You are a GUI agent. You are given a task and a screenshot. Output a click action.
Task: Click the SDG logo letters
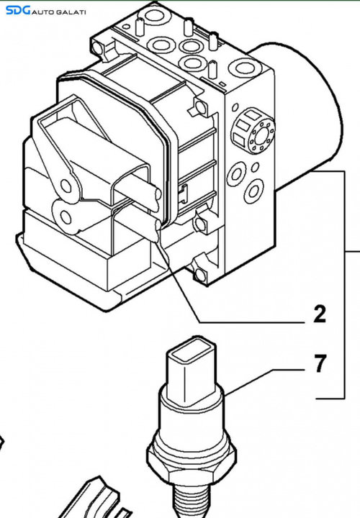pos(18,10)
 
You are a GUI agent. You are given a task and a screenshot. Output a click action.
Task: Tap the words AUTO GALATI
pos(59,12)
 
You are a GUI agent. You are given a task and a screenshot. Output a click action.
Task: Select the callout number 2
pos(320,314)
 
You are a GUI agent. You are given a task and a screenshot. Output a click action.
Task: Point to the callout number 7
pos(320,363)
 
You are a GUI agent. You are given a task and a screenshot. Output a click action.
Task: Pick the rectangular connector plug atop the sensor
pos(192,369)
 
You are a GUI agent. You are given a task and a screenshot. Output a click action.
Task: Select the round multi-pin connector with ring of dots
pos(253,130)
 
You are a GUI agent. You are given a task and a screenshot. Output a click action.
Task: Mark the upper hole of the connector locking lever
pos(66,186)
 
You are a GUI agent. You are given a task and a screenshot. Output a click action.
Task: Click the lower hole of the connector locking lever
pos(66,218)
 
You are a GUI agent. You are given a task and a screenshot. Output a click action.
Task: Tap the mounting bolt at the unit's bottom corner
pos(199,275)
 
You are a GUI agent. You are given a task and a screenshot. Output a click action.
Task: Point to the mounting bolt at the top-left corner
pos(97,48)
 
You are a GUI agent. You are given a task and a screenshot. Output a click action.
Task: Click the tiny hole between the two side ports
pos(255,168)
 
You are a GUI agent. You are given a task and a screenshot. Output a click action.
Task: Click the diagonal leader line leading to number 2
pos(178,282)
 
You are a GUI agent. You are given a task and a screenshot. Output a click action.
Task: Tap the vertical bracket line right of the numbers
pos(345,285)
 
